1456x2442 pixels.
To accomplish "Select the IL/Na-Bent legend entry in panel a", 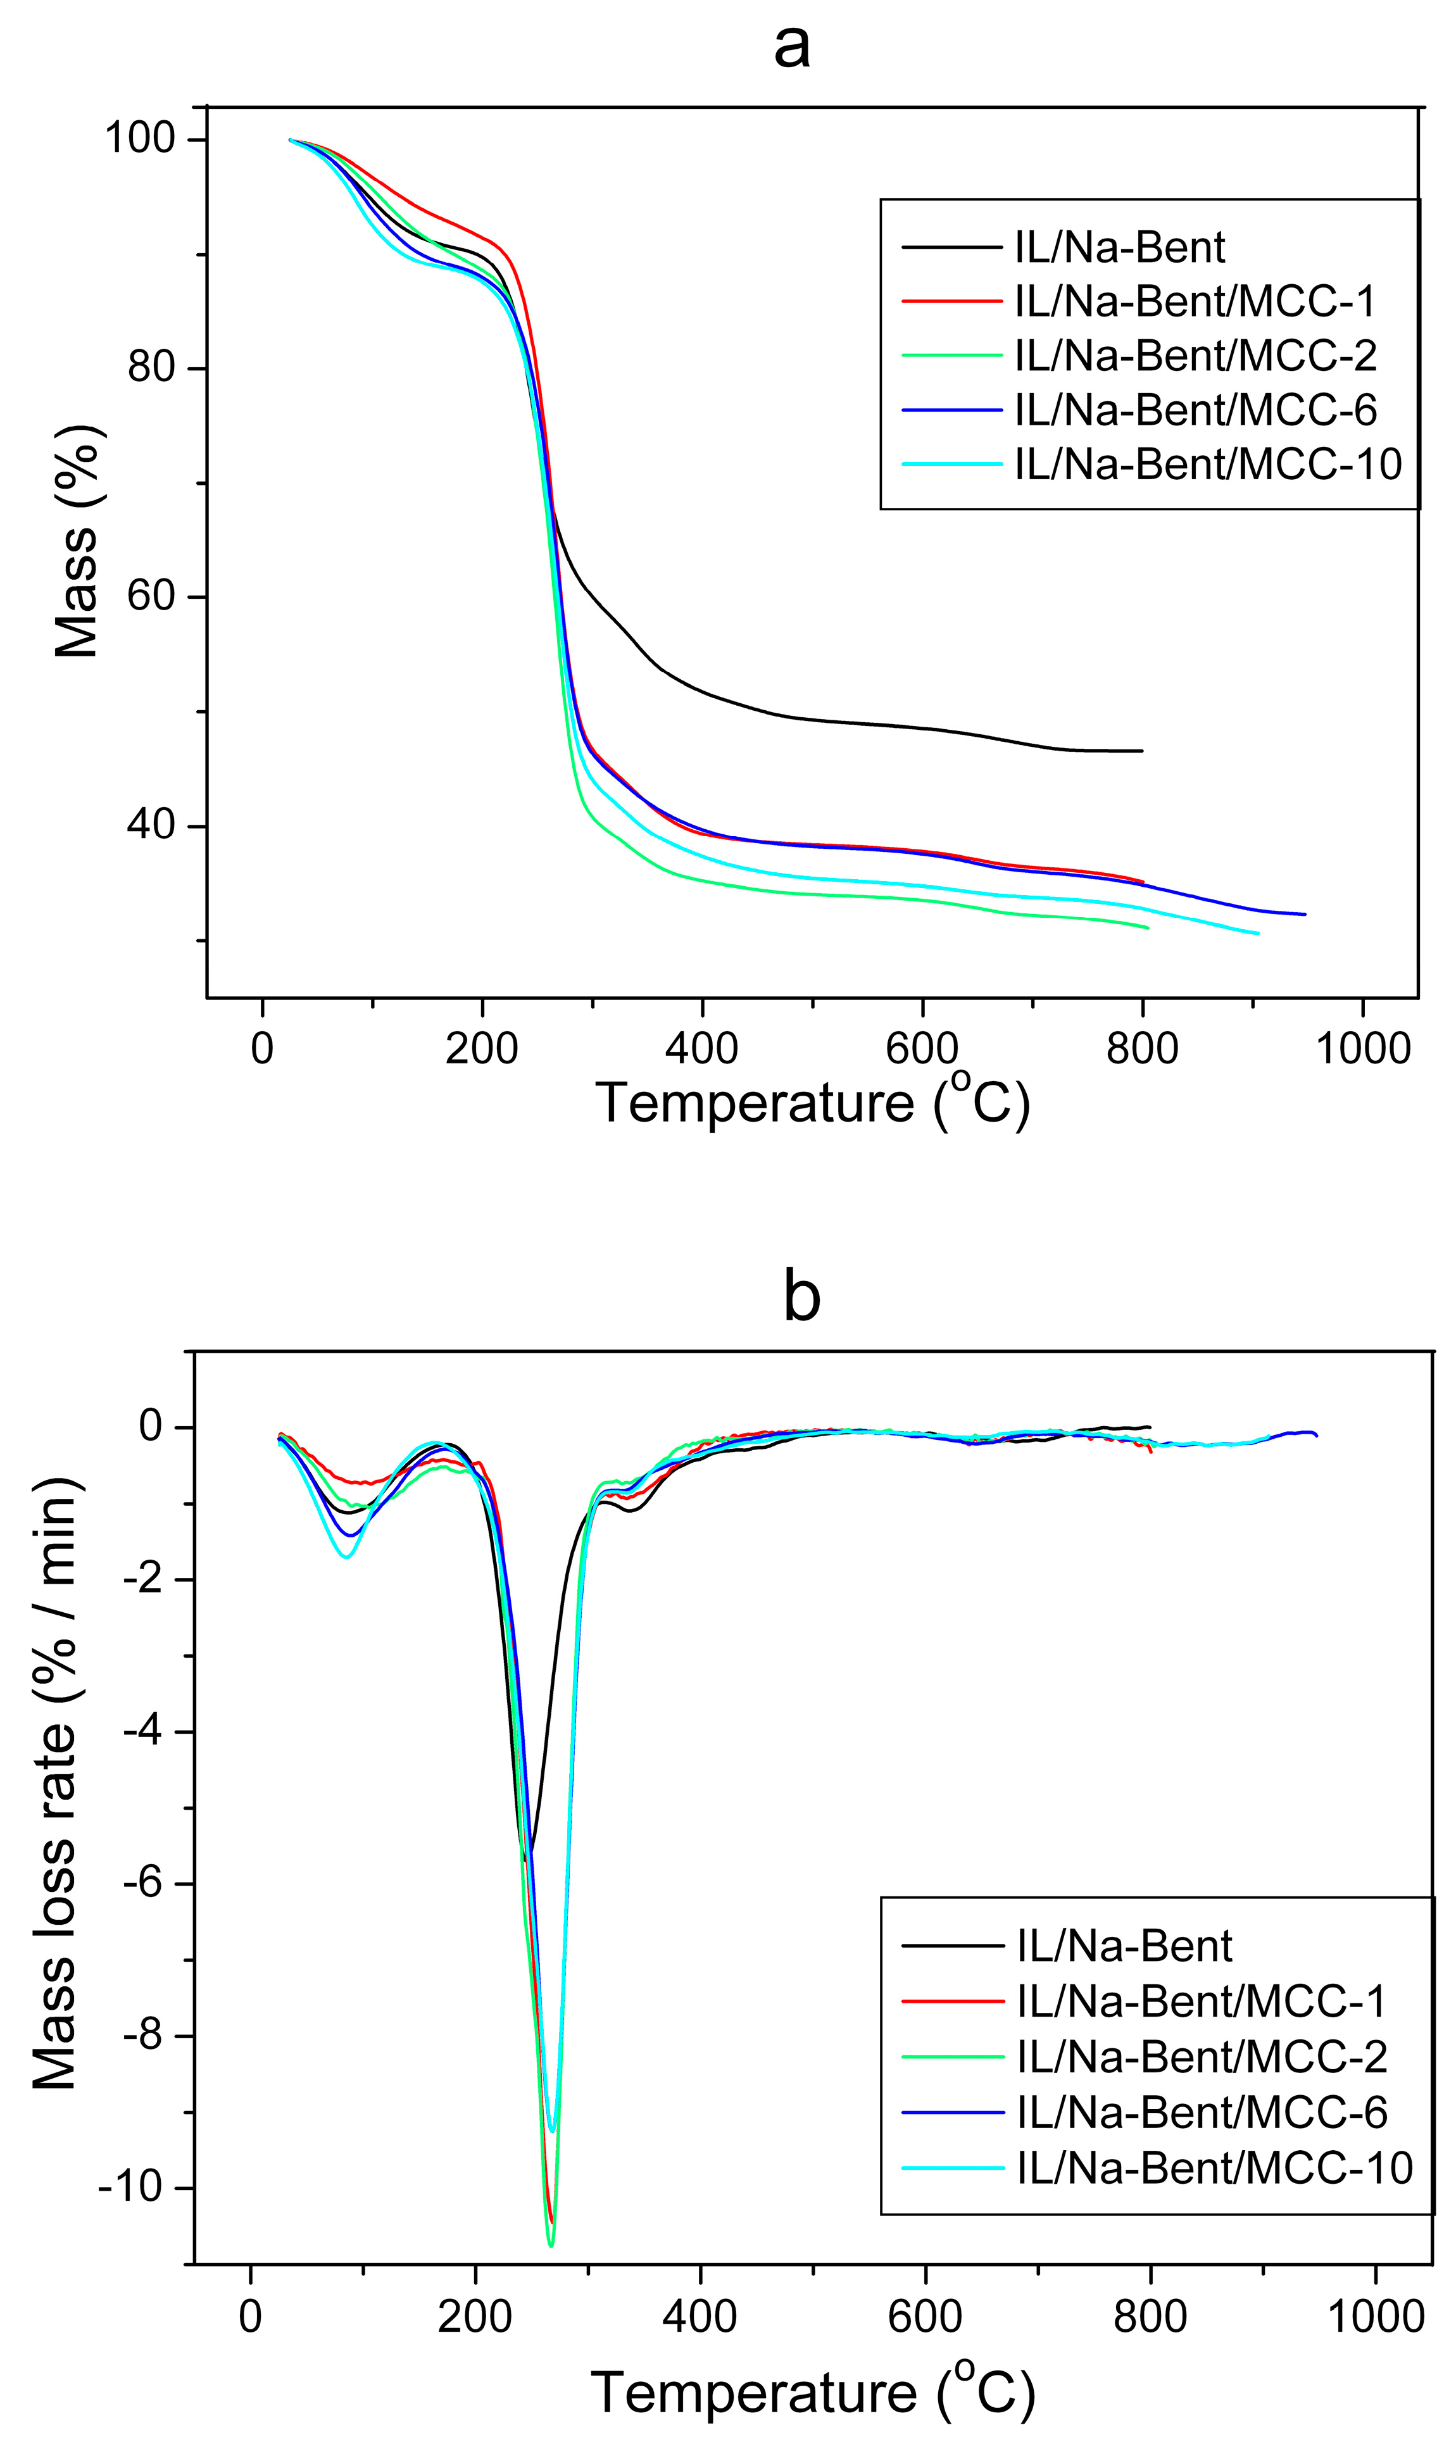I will pyautogui.click(x=1119, y=247).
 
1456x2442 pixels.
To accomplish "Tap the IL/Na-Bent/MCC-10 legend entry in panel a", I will pyautogui.click(x=1208, y=463).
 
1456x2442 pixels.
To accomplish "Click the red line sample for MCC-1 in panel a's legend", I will pyautogui.click(x=951, y=301).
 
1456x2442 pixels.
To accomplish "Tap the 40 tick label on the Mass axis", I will pyautogui.click(x=150, y=825).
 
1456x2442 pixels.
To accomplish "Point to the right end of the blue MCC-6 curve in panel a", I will pyautogui.click(x=1304, y=914).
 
